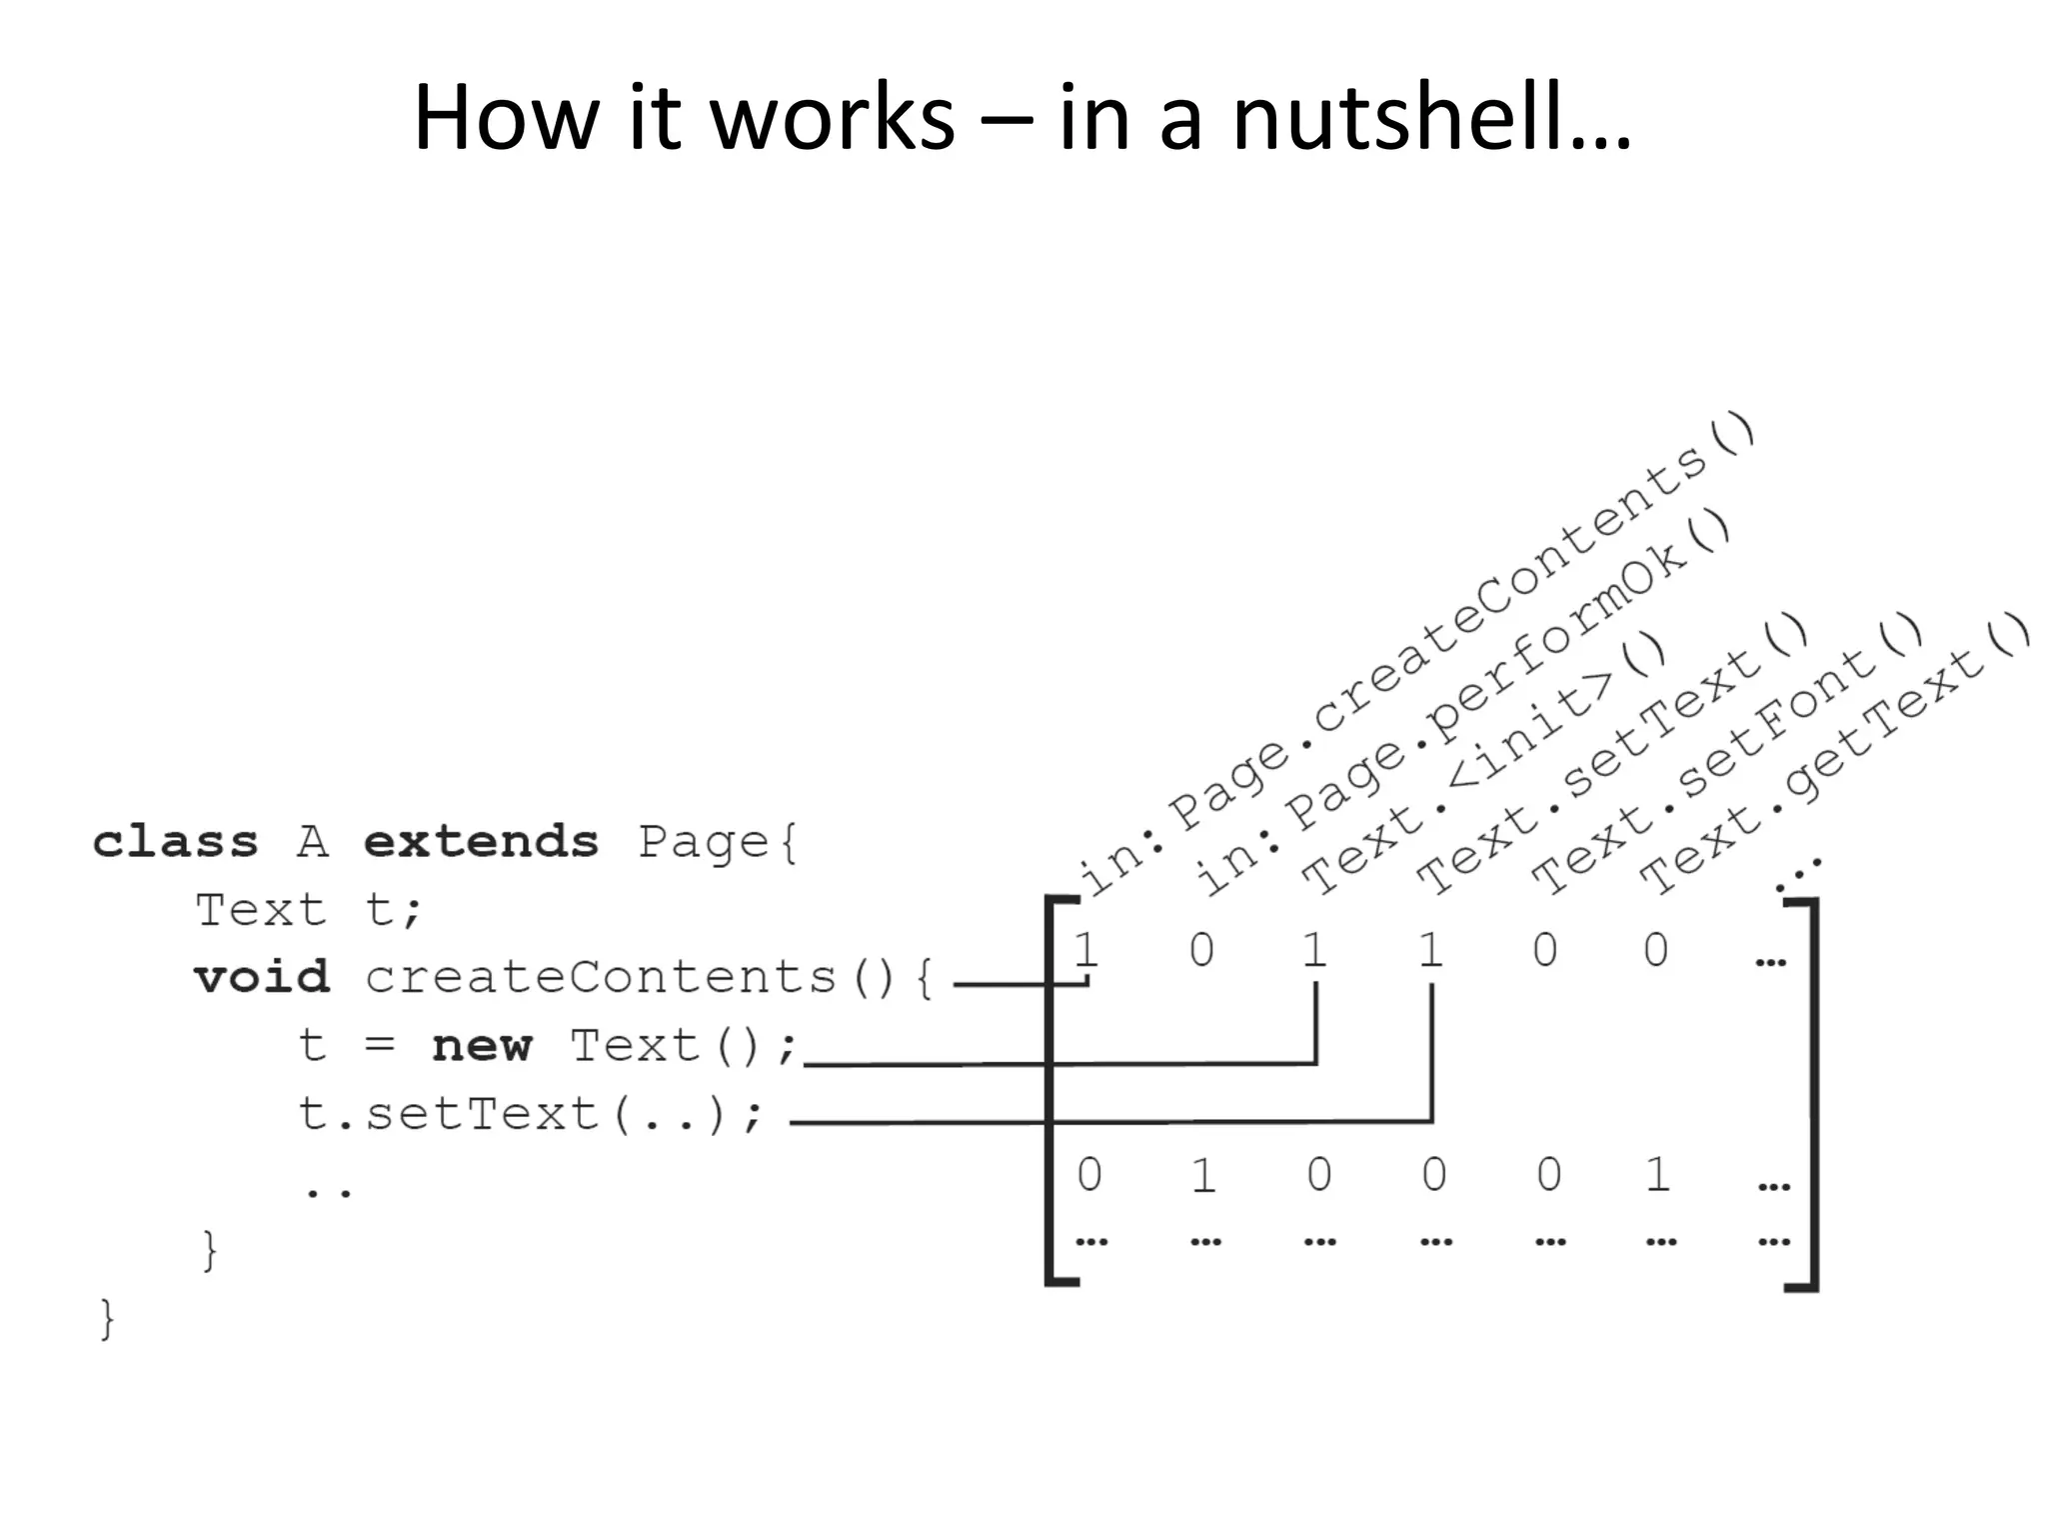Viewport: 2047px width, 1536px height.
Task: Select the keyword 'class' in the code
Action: coord(175,842)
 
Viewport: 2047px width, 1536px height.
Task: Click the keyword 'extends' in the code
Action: coord(481,842)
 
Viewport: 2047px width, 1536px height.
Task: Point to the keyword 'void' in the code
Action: coord(261,977)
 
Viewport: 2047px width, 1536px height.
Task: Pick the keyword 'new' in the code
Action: coord(482,1046)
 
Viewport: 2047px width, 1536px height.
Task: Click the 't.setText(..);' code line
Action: coord(531,1114)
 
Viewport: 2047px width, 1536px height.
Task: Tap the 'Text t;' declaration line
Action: coord(309,910)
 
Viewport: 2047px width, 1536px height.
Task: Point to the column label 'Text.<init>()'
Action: coord(1483,766)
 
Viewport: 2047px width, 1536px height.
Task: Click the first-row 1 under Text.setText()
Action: coord(1431,949)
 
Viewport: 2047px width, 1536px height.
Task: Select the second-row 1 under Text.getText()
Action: coord(1657,1174)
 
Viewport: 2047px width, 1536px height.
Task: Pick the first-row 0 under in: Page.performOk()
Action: coord(1201,949)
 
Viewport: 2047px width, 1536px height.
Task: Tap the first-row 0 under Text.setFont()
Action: coord(1545,949)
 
